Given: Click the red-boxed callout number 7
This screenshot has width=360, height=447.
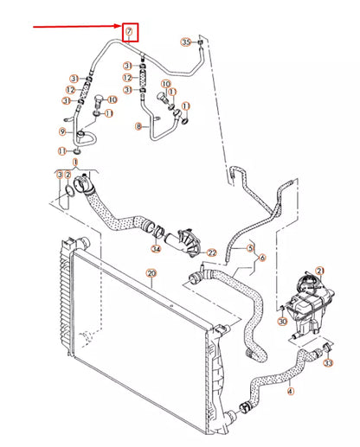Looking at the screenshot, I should coord(129,33).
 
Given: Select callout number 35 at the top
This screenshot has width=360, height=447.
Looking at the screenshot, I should coord(185,42).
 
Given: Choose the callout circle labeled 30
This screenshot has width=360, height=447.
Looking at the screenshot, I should coord(282,321).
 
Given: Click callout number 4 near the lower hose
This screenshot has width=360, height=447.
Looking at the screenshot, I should coord(289,391).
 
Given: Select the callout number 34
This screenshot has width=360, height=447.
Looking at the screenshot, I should coord(156,249).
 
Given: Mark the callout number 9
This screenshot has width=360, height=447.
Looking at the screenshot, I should coord(62,131).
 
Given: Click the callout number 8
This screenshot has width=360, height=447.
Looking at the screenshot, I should coord(138,126).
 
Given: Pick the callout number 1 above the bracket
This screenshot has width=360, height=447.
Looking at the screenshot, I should coord(75,162).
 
